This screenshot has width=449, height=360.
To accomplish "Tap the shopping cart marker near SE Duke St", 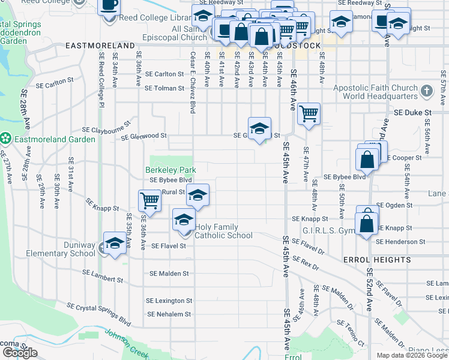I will click(309, 113).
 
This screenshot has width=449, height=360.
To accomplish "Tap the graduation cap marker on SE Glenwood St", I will click(259, 128).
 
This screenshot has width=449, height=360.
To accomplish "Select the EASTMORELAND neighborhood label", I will click(100, 46).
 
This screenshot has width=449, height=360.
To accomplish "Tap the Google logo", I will click(20, 353).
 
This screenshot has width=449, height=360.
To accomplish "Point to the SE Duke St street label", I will click(413, 112).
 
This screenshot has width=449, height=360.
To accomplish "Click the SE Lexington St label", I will click(169, 301).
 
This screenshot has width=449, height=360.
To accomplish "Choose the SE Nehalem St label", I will click(169, 314).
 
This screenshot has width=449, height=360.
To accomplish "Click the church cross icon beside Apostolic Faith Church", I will click(427, 91).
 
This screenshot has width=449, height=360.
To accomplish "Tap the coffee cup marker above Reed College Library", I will click(109, 5).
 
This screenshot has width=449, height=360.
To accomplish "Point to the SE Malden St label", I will click(169, 274).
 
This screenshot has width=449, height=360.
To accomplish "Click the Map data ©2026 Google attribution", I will click(412, 355).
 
